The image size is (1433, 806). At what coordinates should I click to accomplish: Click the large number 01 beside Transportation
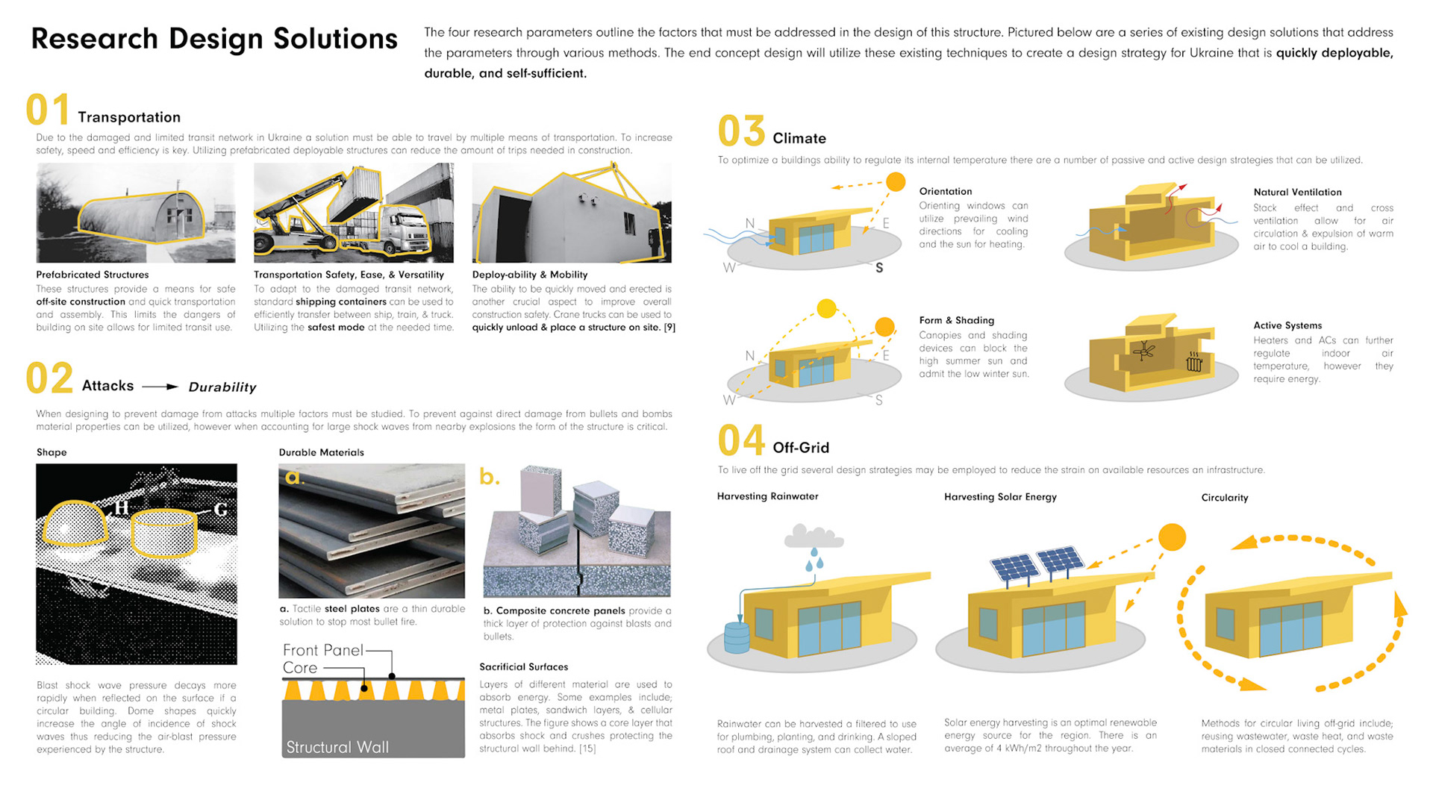tap(48, 110)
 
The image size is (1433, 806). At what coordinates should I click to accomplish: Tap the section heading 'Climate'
tap(799, 138)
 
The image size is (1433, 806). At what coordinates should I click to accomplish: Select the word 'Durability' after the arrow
tap(222, 387)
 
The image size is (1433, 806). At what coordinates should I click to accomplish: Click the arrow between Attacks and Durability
tap(160, 387)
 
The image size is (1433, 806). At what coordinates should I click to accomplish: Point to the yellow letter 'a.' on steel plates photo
tap(295, 478)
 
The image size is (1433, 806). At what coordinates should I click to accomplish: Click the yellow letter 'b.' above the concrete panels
tap(489, 476)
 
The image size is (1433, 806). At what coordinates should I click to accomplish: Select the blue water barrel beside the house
tap(737, 638)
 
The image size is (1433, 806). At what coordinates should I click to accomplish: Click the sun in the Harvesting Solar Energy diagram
tap(1172, 537)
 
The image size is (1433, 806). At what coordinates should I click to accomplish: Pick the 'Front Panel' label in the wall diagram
tap(322, 650)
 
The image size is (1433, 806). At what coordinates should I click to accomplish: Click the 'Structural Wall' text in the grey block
tap(337, 747)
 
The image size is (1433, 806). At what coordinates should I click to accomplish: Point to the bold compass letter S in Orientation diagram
tap(879, 268)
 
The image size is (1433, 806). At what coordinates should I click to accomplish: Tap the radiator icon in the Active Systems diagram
tap(1193, 363)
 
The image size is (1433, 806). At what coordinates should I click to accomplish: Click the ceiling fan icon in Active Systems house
tap(1143, 350)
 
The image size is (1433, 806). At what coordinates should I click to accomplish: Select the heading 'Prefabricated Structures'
tap(93, 275)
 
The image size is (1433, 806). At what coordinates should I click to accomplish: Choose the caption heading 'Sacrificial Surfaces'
tap(523, 666)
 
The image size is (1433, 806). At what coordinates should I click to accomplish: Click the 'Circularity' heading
tap(1224, 498)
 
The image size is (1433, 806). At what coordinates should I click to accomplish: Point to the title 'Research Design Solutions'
tap(214, 39)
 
